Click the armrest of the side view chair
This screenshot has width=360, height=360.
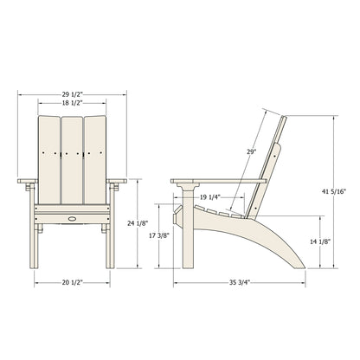pos(216,181)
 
